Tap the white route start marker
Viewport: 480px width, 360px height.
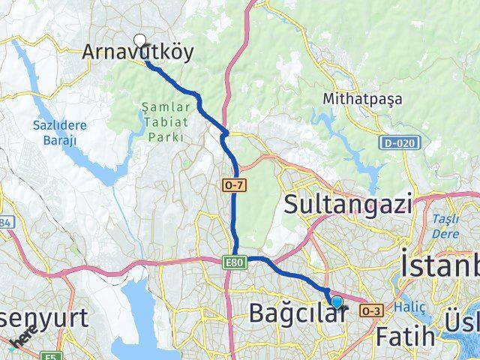coord(139,41)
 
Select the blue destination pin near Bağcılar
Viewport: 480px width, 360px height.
coord(337,302)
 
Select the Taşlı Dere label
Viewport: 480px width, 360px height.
coord(446,226)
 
